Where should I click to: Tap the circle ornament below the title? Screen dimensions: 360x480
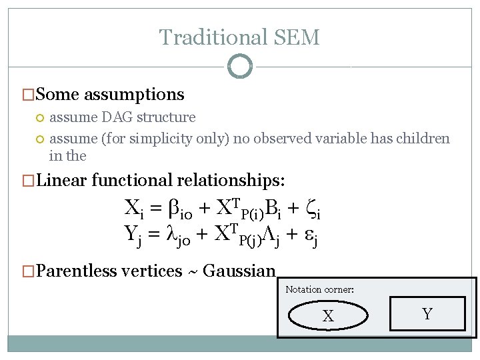(x=239, y=66)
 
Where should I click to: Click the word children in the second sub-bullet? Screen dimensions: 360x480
(x=423, y=139)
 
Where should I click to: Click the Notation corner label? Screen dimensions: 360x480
(x=319, y=289)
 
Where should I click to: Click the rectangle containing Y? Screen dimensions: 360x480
(x=427, y=314)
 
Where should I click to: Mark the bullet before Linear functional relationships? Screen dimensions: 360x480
(x=29, y=181)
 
